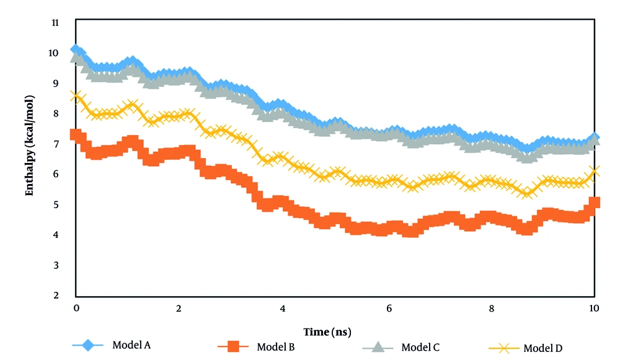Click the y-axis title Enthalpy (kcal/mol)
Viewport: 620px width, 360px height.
[29, 146]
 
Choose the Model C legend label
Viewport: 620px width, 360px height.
[420, 347]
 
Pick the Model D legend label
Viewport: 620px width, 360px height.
[542, 348]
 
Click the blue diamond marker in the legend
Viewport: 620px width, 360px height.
[88, 345]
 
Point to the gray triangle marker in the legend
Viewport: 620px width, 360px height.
[377, 347]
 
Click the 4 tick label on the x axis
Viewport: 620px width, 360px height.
[283, 309]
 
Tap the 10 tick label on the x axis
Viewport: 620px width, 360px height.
[593, 309]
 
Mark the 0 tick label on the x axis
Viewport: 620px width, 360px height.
[76, 309]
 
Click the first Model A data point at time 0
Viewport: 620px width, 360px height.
[76, 50]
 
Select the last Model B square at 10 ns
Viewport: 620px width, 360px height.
[594, 203]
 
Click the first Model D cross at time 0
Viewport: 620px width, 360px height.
[76, 96]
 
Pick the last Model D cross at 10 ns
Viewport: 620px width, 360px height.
[594, 172]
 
